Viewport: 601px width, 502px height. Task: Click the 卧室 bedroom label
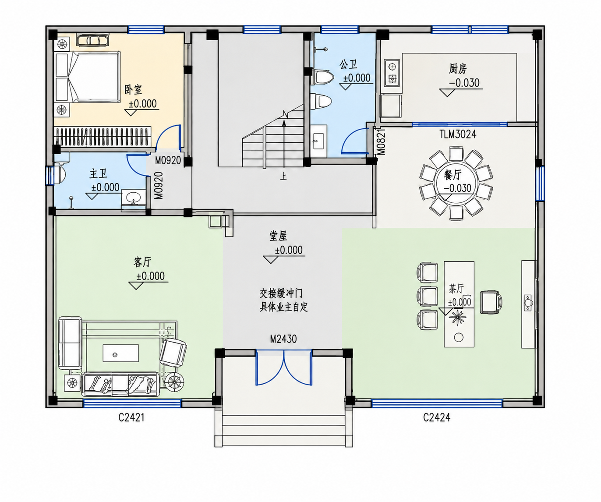point(133,90)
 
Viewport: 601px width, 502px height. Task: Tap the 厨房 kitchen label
point(458,69)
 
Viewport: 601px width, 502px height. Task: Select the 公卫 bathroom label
point(349,64)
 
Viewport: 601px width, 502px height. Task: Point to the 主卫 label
point(99,174)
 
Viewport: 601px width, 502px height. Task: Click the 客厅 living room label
point(142,262)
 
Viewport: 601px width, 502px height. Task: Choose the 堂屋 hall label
point(278,236)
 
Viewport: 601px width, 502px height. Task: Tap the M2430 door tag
point(283,339)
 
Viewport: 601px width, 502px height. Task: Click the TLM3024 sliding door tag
point(458,134)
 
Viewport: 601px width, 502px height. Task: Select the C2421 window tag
point(131,417)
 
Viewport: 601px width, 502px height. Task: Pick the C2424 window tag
point(437,417)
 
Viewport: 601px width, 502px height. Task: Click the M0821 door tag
point(381,141)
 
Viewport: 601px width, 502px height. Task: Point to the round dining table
point(456,184)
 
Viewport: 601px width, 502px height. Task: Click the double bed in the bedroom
point(95,77)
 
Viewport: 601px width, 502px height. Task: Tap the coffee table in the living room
point(121,353)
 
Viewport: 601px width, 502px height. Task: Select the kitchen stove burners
point(392,73)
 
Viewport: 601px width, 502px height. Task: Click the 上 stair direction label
point(284,176)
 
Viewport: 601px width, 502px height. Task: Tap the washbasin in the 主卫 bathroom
point(133,197)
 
